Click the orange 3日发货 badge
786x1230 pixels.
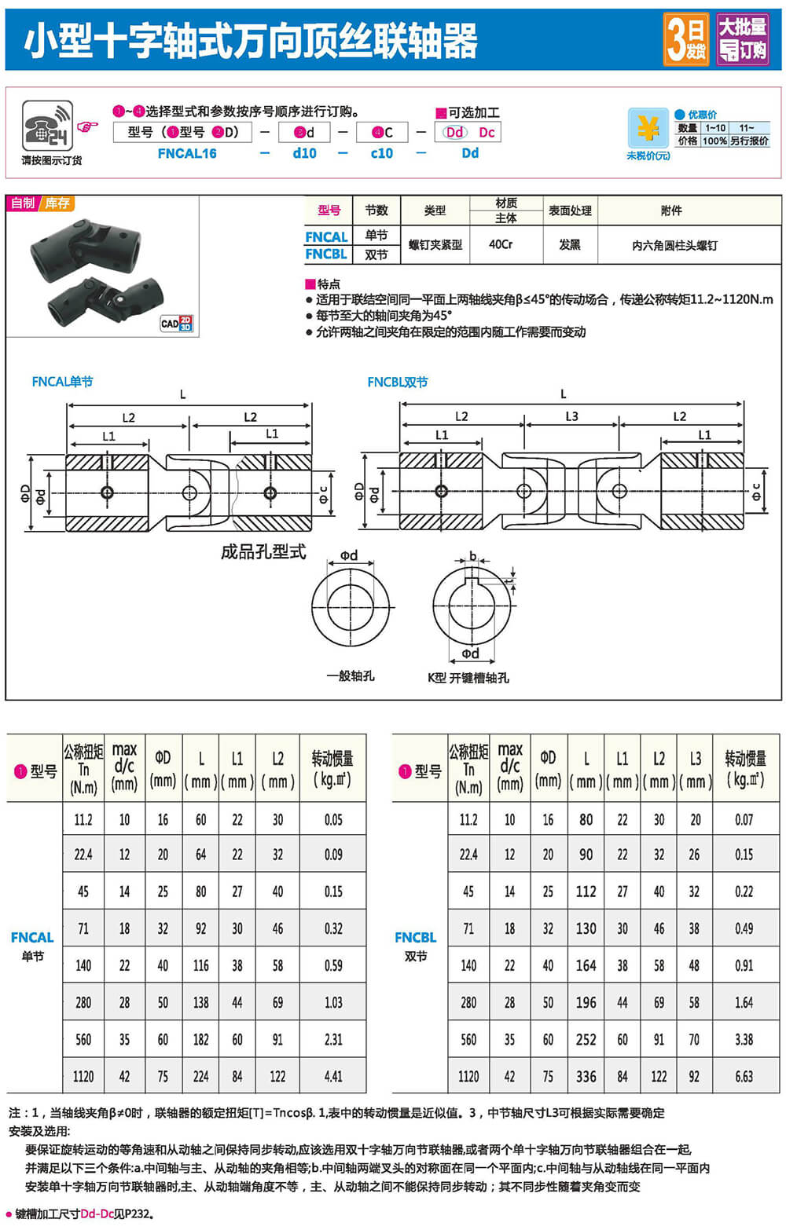[x=685, y=39]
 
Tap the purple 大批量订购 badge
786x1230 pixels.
[x=742, y=39]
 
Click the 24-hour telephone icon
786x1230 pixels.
[x=47, y=125]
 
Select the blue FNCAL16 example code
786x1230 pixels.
[x=187, y=153]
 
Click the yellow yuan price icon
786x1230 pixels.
[x=648, y=129]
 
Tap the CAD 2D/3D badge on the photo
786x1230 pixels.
[x=176, y=324]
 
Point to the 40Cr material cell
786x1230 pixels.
[x=501, y=244]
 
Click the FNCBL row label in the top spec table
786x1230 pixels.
[x=326, y=254]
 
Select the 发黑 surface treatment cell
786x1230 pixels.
[x=569, y=244]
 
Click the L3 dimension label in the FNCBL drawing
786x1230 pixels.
[x=571, y=416]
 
